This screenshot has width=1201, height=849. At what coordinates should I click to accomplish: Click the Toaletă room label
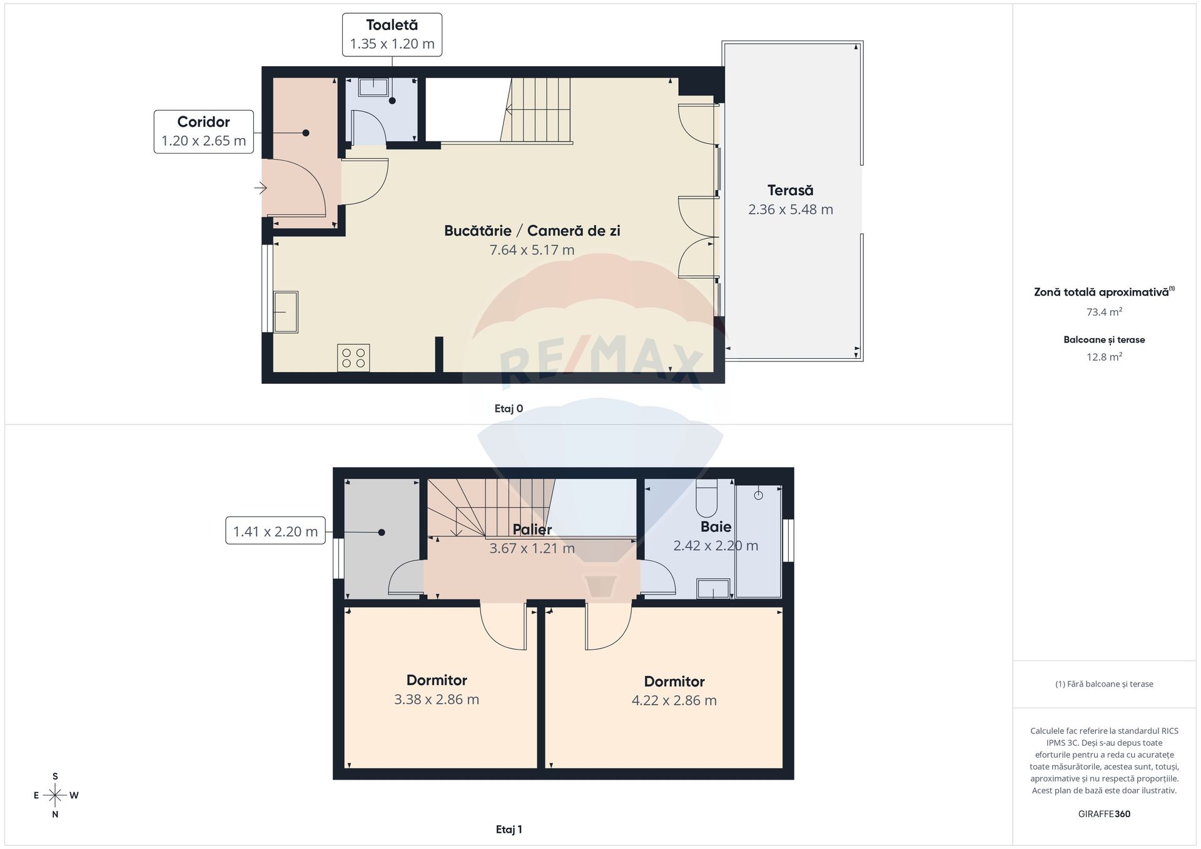point(392,25)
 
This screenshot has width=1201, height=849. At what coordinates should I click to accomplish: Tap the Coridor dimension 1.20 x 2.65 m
point(204,141)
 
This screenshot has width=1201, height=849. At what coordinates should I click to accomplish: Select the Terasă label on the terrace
point(791,190)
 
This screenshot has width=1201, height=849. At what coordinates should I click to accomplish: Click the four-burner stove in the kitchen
point(353,358)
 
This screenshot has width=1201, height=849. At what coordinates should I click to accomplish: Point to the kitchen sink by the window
point(286,312)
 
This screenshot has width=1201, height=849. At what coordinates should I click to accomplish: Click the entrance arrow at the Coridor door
point(261,188)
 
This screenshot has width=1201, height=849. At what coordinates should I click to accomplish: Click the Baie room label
point(716,526)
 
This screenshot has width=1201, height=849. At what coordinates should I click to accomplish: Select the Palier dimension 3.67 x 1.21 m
point(532,548)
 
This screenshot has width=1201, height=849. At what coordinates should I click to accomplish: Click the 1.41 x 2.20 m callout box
point(275,531)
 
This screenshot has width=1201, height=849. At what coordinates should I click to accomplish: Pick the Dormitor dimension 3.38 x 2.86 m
point(437,700)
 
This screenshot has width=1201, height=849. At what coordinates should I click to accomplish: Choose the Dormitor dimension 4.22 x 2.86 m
point(674,700)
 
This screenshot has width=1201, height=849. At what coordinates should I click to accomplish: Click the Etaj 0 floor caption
point(509,409)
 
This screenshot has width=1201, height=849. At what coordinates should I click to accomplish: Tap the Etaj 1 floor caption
point(509,830)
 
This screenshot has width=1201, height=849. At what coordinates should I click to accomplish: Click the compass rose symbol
point(56,795)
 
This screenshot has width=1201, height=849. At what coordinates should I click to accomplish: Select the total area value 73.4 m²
point(1104,311)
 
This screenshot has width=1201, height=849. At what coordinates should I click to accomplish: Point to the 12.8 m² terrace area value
point(1104,357)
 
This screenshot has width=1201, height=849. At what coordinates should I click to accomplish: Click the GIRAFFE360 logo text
point(1104,814)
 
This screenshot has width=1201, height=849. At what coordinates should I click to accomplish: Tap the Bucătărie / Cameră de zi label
point(532,231)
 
